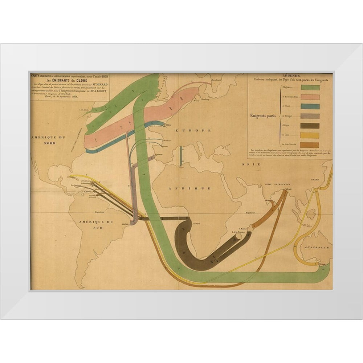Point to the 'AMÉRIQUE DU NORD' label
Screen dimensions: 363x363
tap(48, 140)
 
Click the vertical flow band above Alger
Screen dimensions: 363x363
tap(180, 155)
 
